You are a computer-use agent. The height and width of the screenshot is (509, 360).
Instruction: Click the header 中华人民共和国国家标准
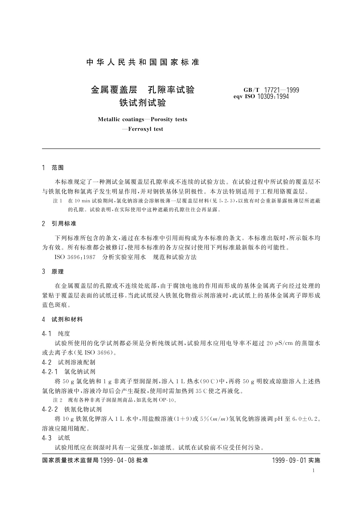pyautogui.click(x=143, y=63)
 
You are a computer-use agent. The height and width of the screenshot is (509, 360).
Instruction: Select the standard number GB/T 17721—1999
pyautogui.click(x=271, y=90)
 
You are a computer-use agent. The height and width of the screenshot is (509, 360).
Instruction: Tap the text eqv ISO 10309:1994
pyautogui.click(x=261, y=97)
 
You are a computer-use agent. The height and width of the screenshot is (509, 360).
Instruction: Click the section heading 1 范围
pyautogui.click(x=53, y=168)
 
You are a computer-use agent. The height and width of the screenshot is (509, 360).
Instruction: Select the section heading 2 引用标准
pyautogui.click(x=59, y=224)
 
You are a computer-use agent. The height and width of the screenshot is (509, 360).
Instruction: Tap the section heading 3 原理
pyautogui.click(x=53, y=271)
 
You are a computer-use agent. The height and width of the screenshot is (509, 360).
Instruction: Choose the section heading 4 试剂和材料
pyautogui.click(x=63, y=319)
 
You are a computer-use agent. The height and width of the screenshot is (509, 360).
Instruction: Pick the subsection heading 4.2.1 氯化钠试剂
pyautogui.click(x=69, y=371)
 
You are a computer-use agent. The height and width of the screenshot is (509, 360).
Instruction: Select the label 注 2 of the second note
pyautogui.click(x=57, y=400)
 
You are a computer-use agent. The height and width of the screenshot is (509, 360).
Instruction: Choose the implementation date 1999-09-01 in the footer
pyautogui.click(x=290, y=460)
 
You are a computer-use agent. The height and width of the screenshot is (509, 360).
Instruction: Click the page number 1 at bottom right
pyautogui.click(x=313, y=470)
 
